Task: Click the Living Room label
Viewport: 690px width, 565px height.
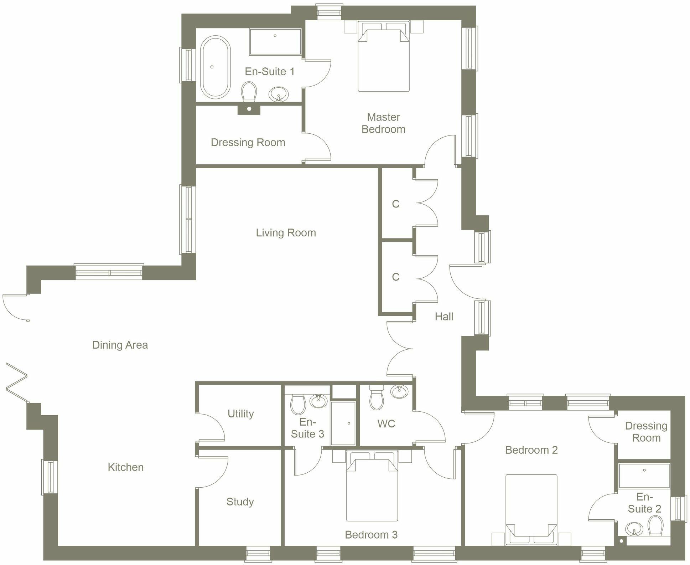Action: [286, 233]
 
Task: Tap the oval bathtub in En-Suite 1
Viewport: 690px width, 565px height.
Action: [215, 67]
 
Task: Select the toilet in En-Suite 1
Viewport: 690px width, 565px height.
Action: [249, 92]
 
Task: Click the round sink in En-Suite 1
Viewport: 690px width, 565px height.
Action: [279, 94]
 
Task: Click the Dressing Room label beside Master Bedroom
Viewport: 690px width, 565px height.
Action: [248, 143]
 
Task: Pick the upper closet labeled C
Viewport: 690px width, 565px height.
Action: [395, 204]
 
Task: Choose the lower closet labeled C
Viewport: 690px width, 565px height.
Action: [395, 277]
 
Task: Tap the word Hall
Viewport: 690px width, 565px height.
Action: [444, 317]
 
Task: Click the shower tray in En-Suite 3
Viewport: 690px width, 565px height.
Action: [343, 423]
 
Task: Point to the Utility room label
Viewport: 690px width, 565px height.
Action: [241, 414]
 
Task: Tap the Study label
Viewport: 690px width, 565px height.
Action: [240, 502]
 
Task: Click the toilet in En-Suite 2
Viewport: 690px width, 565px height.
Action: [655, 526]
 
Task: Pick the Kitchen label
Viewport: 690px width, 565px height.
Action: [126, 467]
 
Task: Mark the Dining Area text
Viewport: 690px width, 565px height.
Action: [120, 345]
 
